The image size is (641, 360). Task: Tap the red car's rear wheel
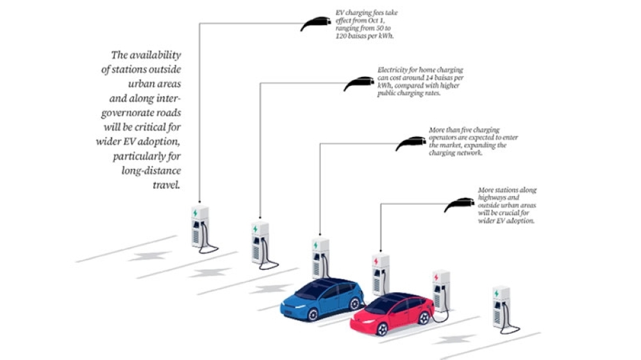coord(424,318)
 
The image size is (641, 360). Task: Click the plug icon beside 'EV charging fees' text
coord(315,23)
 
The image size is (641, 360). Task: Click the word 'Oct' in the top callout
coord(373,20)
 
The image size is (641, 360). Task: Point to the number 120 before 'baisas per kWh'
coord(342,36)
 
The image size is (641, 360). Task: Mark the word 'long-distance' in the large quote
coord(151,171)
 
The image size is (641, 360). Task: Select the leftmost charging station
coord(200,226)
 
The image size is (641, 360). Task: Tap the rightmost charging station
coord(503,309)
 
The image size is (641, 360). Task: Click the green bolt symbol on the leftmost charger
coord(196,213)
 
